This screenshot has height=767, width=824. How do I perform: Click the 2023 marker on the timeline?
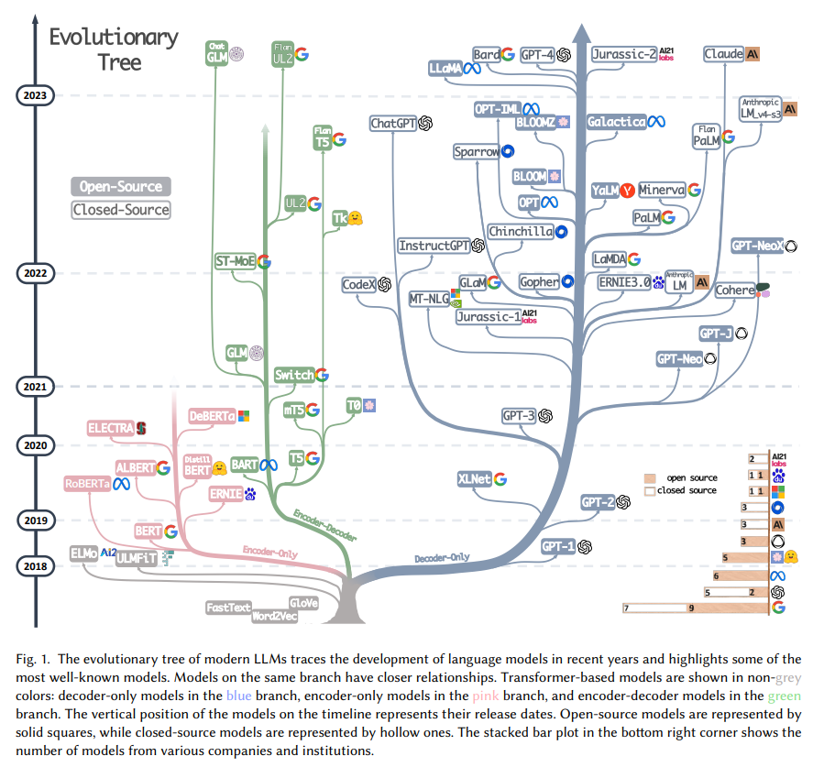36,93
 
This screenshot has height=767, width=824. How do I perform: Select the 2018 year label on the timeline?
36,565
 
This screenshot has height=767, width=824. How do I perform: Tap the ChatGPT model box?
394,123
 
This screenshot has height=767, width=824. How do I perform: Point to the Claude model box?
723,54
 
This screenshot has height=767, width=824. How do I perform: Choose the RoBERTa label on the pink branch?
88,483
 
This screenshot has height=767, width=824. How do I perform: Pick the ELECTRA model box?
111,427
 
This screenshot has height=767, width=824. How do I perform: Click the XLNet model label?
474,478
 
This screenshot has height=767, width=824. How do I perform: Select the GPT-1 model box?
557,546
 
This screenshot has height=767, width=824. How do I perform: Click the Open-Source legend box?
120,186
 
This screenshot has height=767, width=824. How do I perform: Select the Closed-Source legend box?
120,209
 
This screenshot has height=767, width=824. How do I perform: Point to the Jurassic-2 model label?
623,54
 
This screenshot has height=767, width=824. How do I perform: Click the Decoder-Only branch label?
441,557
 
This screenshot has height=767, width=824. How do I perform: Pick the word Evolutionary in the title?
114,38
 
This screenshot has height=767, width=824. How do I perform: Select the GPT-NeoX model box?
756,246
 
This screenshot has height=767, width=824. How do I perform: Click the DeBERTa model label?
211,416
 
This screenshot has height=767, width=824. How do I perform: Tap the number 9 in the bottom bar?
690,608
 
